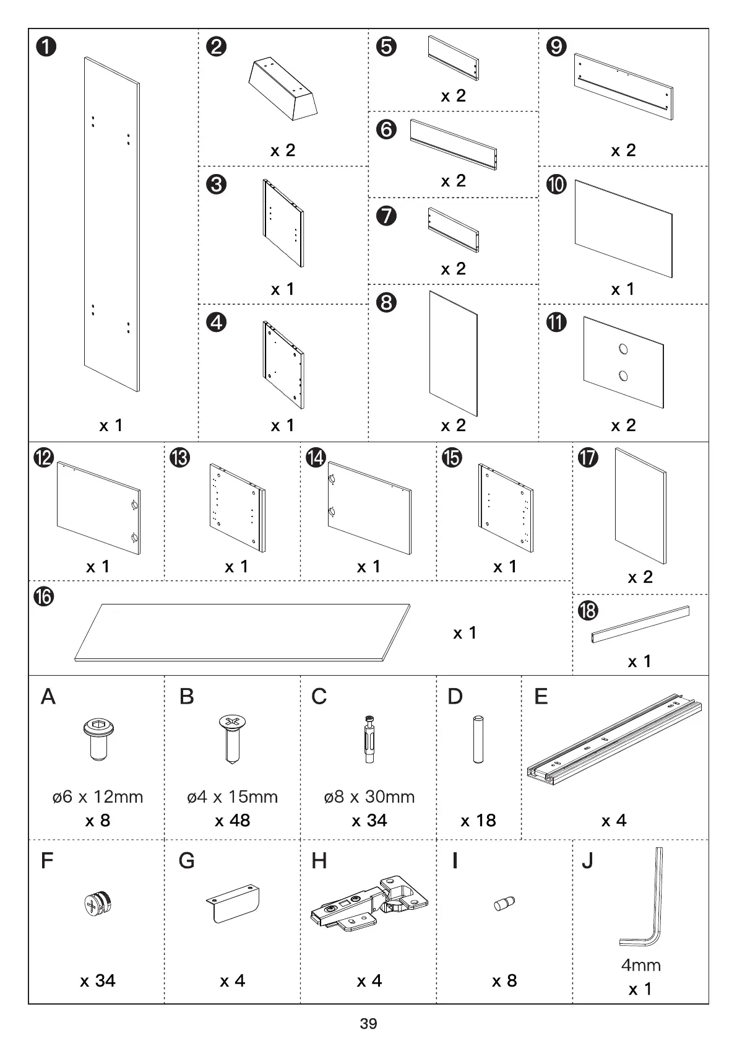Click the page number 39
click(x=368, y=1024)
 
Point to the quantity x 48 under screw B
click(x=232, y=821)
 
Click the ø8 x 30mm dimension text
click(x=369, y=796)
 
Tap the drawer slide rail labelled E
click(x=614, y=737)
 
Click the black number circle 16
click(x=45, y=597)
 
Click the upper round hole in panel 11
click(x=623, y=349)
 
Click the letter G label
click(x=186, y=860)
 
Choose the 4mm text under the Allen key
click(x=640, y=965)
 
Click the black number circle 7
click(x=386, y=216)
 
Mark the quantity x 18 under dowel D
click(x=478, y=821)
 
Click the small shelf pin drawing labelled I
click(x=504, y=904)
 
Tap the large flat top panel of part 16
click(x=241, y=632)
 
